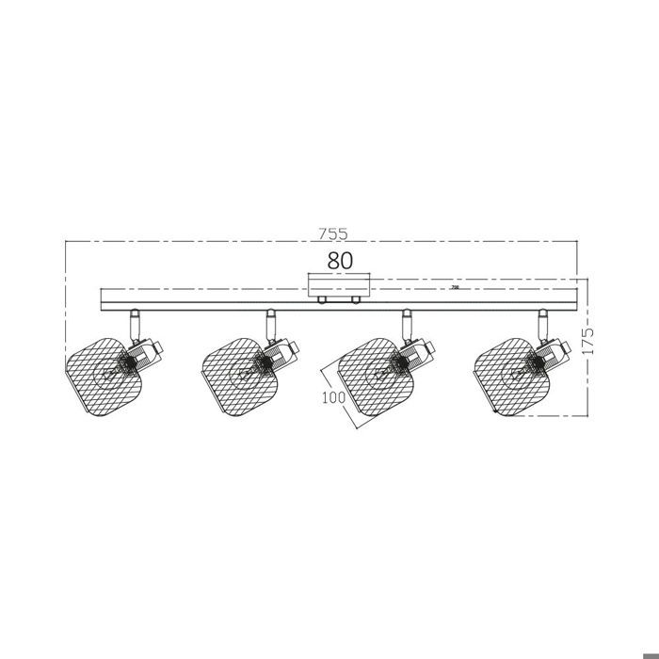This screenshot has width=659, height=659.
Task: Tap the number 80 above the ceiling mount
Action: [340, 261]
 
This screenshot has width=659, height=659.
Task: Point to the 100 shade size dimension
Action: [330, 396]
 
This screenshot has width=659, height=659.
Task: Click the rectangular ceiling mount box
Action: [339, 285]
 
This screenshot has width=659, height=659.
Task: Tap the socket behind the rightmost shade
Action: [554, 352]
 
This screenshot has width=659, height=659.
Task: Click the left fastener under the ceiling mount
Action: [322, 300]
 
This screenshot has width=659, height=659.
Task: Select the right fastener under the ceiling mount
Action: [356, 300]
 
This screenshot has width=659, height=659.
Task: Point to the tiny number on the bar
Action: [456, 288]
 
